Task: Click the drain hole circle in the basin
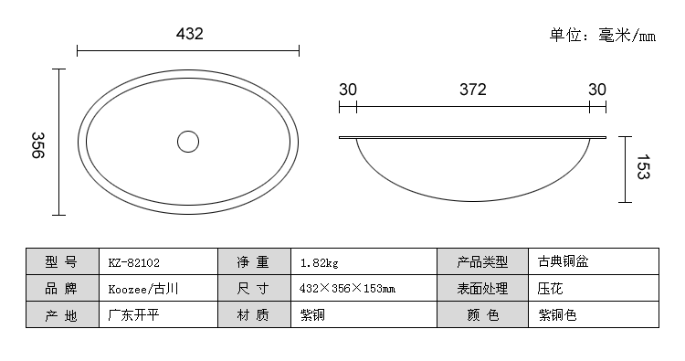click(178, 142)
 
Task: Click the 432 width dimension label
click(190, 34)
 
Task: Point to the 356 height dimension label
click(38, 145)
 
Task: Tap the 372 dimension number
click(473, 90)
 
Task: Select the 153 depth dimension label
click(643, 166)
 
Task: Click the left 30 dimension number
click(348, 90)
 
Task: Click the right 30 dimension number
click(597, 90)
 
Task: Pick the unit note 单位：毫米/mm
click(603, 35)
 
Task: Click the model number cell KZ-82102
click(159, 261)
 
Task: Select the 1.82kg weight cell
click(364, 261)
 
